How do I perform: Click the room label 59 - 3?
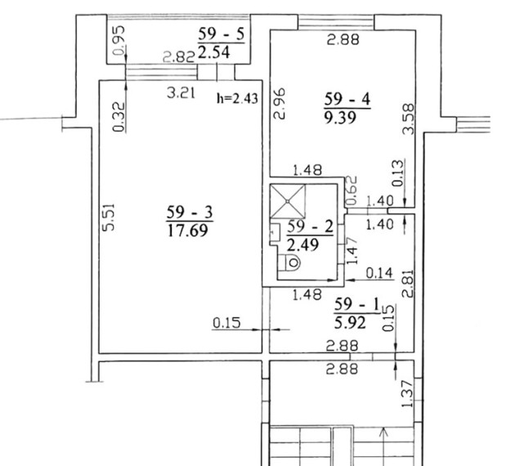coord(190,213)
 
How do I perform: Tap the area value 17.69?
coord(187,231)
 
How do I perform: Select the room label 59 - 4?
coord(347,100)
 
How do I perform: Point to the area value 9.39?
coord(340,118)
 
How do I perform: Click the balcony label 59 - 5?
coord(221,34)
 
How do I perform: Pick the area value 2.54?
coord(214,52)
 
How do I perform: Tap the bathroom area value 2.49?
coord(303,244)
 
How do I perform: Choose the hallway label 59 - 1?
coord(357,305)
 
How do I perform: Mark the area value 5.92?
coord(350,323)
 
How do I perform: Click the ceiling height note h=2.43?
coord(237,99)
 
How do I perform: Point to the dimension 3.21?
coord(182,93)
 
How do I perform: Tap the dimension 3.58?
coord(409,119)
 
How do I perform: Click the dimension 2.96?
coord(280,104)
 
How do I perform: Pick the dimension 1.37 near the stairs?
coord(407,394)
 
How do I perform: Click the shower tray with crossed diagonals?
coord(288,201)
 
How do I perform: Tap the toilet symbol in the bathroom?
coord(290,262)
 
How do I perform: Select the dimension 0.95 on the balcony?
coord(119,41)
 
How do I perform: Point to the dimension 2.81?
coord(408,284)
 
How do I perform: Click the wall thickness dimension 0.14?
coord(379,273)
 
